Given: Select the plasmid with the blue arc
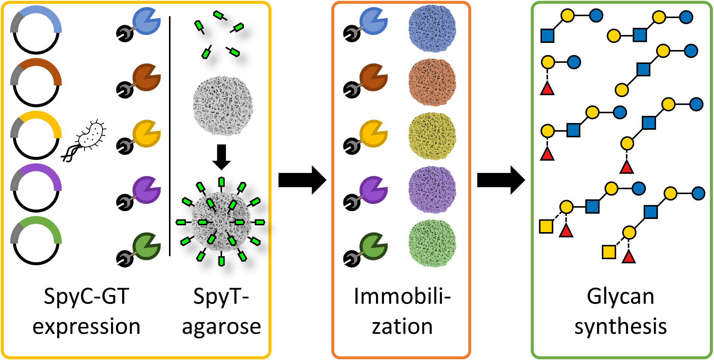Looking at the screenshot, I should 36,30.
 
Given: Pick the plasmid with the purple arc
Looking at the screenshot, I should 36,188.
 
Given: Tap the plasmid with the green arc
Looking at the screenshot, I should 36,241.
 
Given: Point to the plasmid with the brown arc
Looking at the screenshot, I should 36,83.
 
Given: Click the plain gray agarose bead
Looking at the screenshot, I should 222,106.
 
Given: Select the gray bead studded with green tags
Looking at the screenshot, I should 221,222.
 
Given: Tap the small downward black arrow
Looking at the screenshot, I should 221,156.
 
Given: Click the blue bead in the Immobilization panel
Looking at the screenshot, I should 432,29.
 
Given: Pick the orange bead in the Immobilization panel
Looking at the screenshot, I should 432,82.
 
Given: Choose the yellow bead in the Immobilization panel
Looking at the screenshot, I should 432,136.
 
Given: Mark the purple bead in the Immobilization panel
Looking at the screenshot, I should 432,190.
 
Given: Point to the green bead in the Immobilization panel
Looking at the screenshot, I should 432,243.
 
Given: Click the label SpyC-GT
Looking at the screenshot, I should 87,296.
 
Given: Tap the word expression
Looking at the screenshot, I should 87,327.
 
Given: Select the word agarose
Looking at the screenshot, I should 221,327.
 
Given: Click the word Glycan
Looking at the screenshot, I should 620,296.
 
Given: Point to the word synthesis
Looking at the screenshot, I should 620,327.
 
